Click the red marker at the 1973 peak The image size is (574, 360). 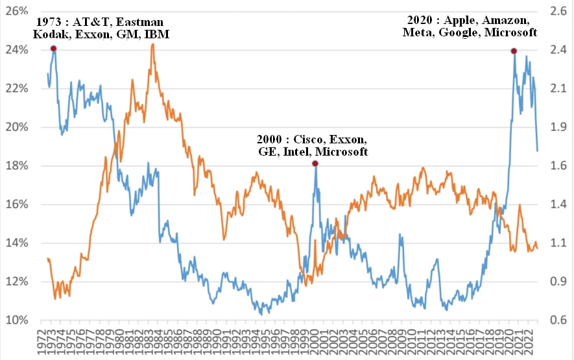pos(53,49)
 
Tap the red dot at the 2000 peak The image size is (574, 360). pos(315,163)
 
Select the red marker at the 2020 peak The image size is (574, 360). pos(514,51)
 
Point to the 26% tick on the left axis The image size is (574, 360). pos(17,11)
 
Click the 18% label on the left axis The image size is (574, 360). pos(17,165)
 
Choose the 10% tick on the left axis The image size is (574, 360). pos(17,320)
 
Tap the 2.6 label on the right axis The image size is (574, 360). pos(558,11)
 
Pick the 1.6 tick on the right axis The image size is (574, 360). pos(558,165)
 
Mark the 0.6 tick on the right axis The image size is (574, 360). pos(558,320)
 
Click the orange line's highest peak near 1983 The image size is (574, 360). pos(152,44)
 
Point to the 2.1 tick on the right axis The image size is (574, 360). pos(558,88)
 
